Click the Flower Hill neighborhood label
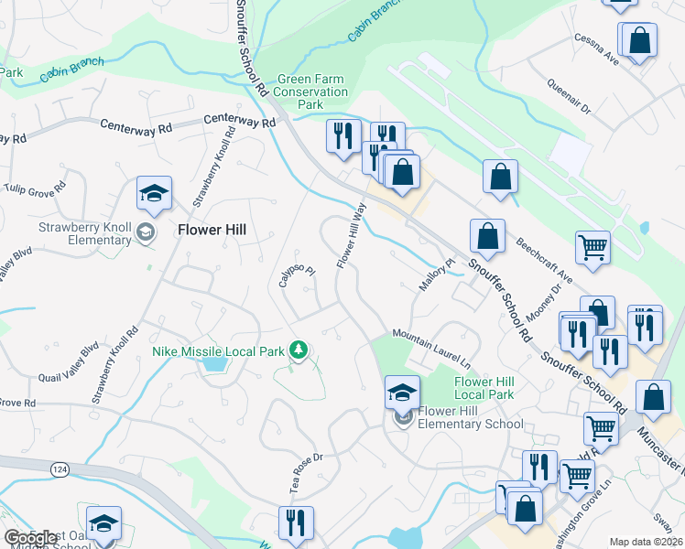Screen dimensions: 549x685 211,231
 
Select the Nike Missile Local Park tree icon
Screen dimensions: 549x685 298,349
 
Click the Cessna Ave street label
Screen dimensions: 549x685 597,50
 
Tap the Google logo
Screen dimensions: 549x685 31,538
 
